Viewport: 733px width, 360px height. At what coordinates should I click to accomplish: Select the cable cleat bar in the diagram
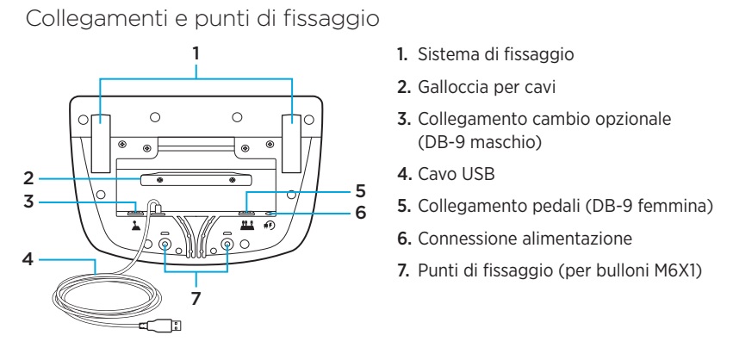[x=196, y=181]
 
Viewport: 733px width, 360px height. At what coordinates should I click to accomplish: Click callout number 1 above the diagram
[x=196, y=53]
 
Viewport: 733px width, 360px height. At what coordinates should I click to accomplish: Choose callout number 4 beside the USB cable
[x=28, y=258]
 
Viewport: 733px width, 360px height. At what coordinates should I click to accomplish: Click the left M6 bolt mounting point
[x=165, y=245]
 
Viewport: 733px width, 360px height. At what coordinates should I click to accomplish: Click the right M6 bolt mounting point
[x=227, y=245]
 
